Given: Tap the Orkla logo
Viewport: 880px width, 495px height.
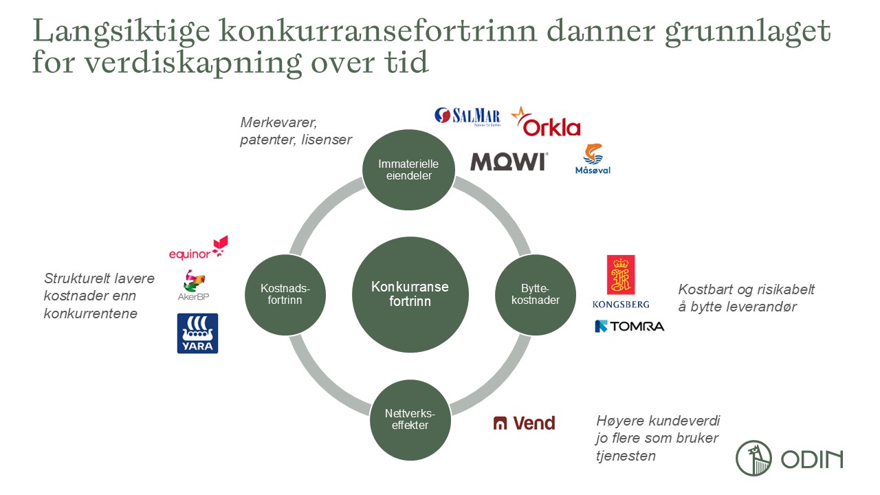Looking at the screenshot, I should [547, 123].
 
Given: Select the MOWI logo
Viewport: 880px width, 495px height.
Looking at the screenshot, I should [509, 162].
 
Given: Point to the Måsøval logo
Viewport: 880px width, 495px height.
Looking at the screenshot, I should [593, 159].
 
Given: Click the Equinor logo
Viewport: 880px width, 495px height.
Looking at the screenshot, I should [198, 249].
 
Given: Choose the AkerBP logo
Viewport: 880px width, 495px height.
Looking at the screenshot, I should [193, 285].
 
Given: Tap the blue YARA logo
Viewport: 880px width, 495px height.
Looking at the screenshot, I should [197, 333].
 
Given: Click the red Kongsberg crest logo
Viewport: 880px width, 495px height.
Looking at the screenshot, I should [621, 276].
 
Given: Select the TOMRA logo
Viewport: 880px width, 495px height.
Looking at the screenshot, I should [629, 326].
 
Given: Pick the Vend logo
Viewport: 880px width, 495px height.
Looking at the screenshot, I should [524, 423].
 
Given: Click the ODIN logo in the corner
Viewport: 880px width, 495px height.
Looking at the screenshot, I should [789, 458].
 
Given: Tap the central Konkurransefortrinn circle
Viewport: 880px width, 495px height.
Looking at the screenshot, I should [410, 294].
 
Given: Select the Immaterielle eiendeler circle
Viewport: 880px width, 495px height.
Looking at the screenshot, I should [408, 169].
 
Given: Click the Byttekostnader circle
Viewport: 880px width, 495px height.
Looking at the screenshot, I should [540, 294].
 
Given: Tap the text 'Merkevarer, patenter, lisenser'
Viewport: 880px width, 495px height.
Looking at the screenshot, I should [296, 131].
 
